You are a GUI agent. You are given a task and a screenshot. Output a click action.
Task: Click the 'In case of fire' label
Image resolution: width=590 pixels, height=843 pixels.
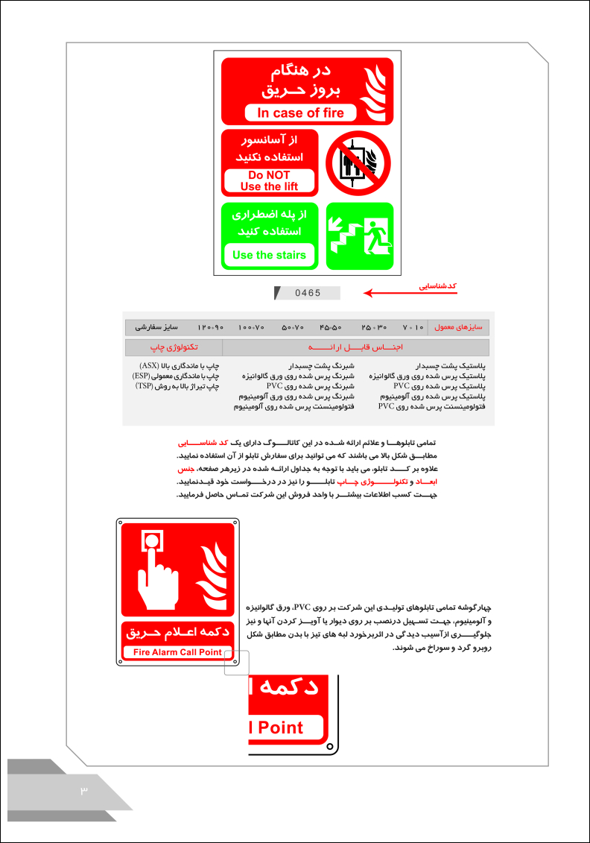(301, 113)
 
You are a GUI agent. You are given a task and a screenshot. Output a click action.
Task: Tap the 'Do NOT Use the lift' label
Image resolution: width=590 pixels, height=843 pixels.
(270, 181)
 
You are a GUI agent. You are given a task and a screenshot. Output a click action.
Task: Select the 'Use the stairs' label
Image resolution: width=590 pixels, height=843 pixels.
(269, 255)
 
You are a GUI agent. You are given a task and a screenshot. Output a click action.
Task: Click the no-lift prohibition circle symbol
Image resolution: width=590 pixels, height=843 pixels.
(358, 162)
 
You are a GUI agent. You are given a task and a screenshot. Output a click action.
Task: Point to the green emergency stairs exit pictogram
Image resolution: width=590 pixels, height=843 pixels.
(359, 236)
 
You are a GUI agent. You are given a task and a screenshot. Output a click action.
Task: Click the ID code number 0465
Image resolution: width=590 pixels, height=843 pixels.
(308, 293)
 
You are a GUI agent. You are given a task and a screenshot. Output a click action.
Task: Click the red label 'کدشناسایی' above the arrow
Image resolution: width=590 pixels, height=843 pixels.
(437, 285)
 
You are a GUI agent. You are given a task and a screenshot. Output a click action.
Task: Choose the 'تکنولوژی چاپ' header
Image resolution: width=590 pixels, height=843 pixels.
(174, 347)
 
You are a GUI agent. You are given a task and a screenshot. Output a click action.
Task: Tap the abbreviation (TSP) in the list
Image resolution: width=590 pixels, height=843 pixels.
(147, 387)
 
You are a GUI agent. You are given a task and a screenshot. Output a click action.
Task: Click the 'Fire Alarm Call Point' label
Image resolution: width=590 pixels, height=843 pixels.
(177, 652)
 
